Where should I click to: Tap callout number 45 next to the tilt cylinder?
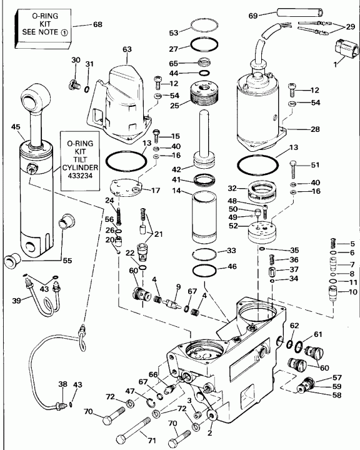tap(16, 127)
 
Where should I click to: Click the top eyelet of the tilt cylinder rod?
tap(34, 101)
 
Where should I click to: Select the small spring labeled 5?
tap(334, 242)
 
